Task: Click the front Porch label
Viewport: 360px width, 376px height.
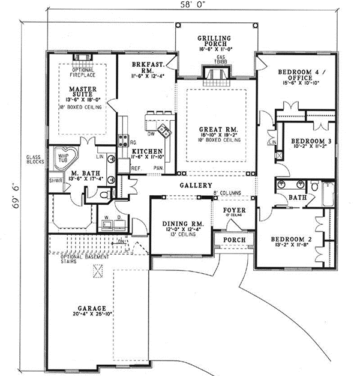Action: pyautogui.click(x=233, y=239)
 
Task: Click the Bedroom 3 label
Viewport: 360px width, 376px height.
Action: pyautogui.click(x=307, y=141)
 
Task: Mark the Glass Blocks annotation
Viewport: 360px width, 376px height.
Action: pyautogui.click(x=34, y=159)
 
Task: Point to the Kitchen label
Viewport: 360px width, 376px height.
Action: pyautogui.click(x=145, y=151)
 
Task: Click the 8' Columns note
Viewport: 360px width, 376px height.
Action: pyautogui.click(x=226, y=193)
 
